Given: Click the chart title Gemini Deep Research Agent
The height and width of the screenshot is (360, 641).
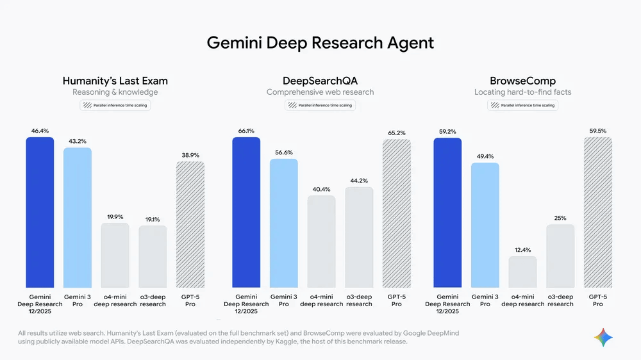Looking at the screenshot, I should (320, 43).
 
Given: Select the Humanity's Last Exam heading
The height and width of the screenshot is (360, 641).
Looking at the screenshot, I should (115, 81).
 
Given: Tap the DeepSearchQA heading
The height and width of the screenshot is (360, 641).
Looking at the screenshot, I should (320, 81).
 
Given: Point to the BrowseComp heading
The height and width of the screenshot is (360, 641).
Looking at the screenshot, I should (522, 81).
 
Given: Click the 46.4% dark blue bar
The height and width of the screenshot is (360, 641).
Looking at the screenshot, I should (40, 211).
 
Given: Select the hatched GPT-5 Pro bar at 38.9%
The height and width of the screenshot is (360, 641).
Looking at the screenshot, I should (190, 224).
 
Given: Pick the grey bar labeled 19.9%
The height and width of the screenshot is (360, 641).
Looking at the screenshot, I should (115, 255).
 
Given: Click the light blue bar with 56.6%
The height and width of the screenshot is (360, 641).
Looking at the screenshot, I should (283, 223).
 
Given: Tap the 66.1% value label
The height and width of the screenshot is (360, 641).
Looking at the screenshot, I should (246, 131).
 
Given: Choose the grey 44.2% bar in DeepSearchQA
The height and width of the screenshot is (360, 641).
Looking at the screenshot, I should (359, 237).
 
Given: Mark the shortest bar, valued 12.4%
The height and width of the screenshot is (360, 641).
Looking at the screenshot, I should (522, 272).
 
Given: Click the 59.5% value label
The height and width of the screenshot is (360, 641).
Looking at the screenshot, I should (597, 131).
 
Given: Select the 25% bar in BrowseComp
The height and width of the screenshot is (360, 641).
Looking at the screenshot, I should (560, 256).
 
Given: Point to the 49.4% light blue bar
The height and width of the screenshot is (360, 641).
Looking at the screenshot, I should (485, 225).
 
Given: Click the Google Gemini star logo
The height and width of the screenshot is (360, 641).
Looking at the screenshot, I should (603, 337).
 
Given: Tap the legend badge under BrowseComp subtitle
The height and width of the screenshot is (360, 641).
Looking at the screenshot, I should (522, 105).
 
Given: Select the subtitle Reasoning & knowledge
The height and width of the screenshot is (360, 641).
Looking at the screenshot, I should (115, 92).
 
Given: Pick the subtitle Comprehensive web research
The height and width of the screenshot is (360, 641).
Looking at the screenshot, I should (320, 92).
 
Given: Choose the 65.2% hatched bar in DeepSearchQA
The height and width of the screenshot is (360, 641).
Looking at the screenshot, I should (396, 213).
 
